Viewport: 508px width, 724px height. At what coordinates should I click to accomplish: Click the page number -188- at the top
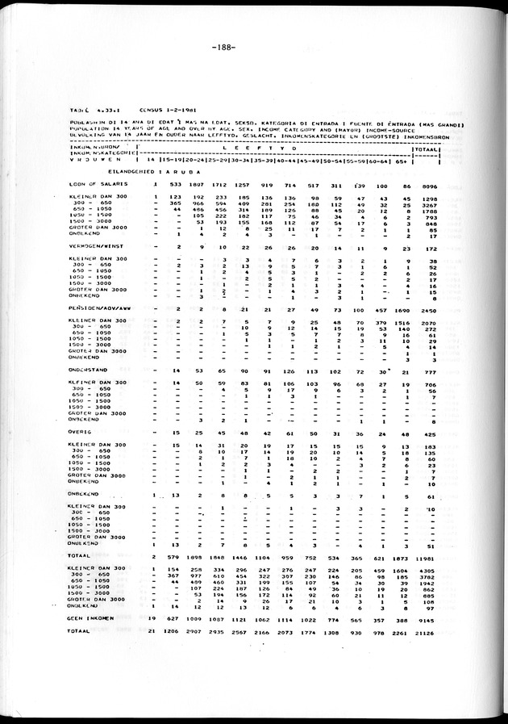click(224, 48)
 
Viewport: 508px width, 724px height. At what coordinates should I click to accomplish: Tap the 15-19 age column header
click(175, 161)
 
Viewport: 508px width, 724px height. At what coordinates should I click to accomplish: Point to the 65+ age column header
click(401, 161)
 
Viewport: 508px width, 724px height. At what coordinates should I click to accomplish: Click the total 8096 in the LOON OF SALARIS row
click(428, 185)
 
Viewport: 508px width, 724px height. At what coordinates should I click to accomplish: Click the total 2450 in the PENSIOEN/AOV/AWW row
click(428, 310)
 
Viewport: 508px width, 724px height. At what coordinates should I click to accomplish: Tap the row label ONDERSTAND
click(89, 371)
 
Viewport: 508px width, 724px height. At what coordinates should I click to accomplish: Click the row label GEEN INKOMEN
click(91, 618)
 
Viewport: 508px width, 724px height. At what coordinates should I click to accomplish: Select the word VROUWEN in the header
click(91, 161)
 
